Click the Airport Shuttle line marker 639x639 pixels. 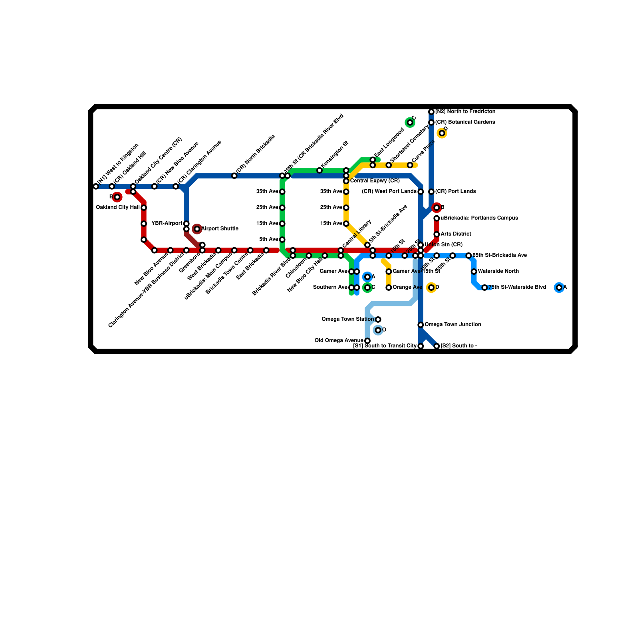click(197, 229)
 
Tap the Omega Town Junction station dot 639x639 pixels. click(421, 325)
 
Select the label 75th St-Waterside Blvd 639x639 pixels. click(517, 288)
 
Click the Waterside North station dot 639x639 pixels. click(474, 272)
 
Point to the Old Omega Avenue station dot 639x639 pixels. click(367, 341)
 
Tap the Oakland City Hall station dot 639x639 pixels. click(144, 208)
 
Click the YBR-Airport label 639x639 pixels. click(167, 224)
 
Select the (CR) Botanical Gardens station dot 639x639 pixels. click(431, 123)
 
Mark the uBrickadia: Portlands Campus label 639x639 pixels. click(479, 218)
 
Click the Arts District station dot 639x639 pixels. click(437, 234)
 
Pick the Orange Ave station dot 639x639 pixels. click(389, 288)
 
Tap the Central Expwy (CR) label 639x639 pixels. click(375, 181)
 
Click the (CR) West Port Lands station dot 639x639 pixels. click(421, 192)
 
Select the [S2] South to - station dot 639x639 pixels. click(437, 346)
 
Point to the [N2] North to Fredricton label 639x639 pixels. click(465, 112)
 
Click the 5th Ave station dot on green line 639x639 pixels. click(282, 240)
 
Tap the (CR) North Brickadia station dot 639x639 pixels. click(234, 176)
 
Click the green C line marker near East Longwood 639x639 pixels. click(410, 122)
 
